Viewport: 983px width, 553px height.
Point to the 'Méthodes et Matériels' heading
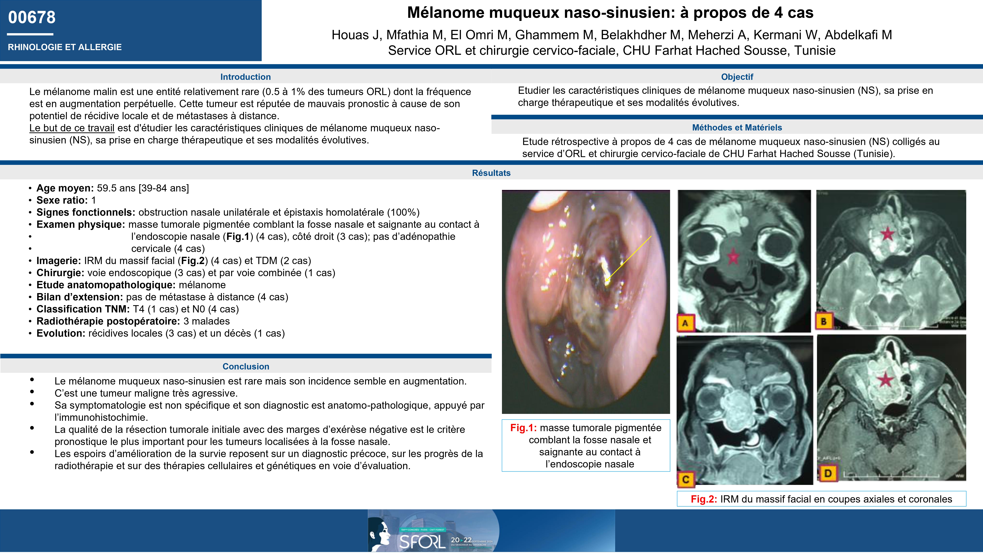[x=737, y=128]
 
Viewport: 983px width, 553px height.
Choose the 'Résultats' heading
[x=491, y=173]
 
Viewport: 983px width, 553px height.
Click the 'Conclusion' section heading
[x=246, y=366]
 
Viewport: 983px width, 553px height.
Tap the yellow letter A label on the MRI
[x=685, y=323]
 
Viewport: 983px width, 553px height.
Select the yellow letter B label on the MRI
[x=824, y=321]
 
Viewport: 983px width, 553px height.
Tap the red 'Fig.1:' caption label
[x=523, y=428]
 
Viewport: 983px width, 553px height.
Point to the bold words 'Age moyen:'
[x=65, y=188]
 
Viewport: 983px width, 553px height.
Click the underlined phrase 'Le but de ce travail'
[x=72, y=128]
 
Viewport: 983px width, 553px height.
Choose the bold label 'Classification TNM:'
[x=83, y=309]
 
